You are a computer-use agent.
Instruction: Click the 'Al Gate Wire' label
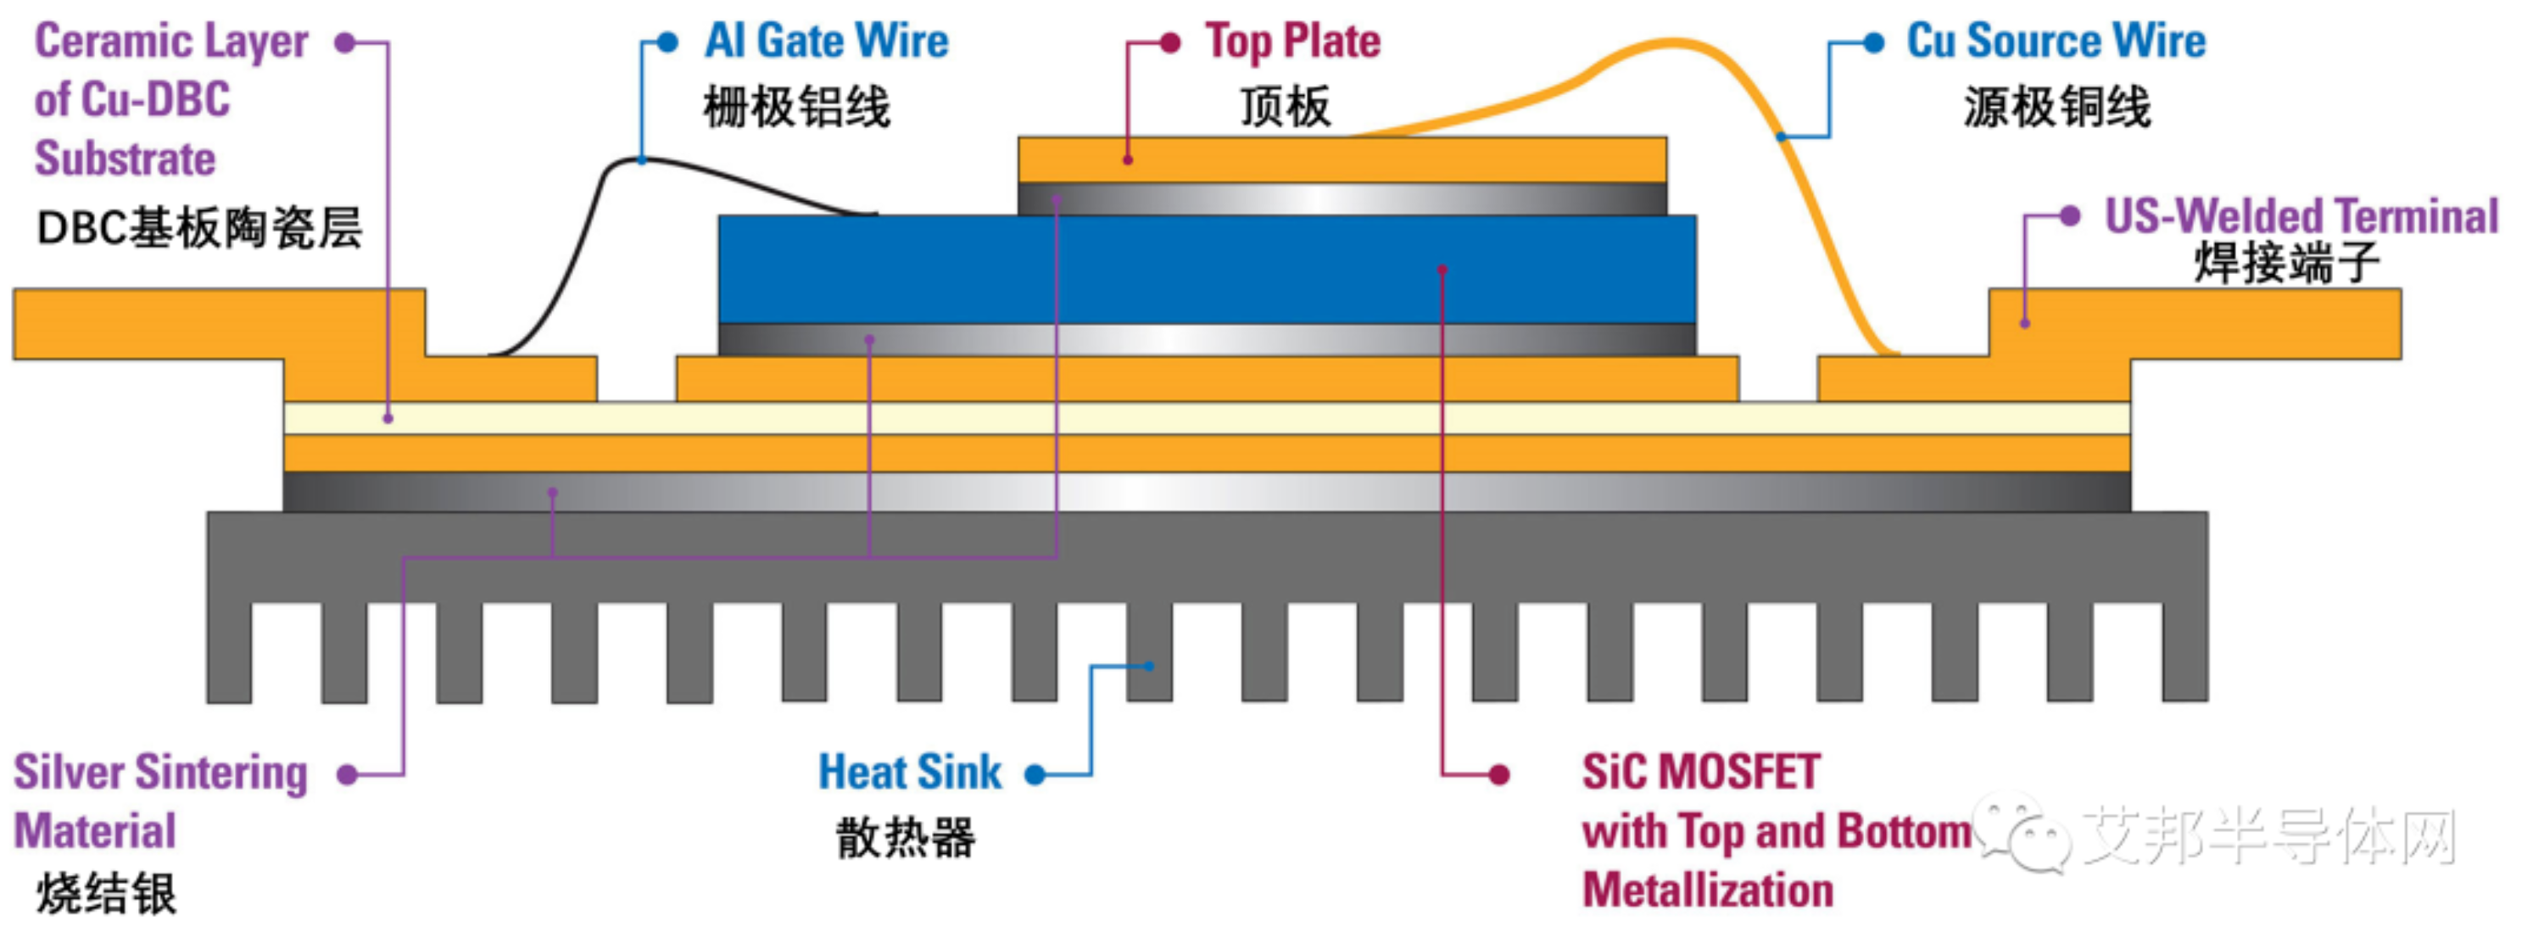pyautogui.click(x=826, y=42)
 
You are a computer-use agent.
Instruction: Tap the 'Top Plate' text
pyautogui.click(x=1292, y=42)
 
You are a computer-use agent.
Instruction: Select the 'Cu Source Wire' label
pyautogui.click(x=2056, y=42)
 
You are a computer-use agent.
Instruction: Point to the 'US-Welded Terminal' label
pyautogui.click(x=2301, y=216)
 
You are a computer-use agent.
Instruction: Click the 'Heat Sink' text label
pyautogui.click(x=910, y=773)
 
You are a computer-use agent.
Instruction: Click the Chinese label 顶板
pyautogui.click(x=1285, y=107)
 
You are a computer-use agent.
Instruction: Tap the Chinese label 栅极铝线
pyautogui.click(x=796, y=107)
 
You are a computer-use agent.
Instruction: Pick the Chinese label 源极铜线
pyautogui.click(x=2056, y=107)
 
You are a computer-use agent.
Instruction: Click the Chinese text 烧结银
pyautogui.click(x=107, y=895)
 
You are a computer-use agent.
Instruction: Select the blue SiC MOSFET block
pyautogui.click(x=1207, y=269)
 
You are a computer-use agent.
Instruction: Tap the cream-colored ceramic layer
pyautogui.click(x=1207, y=418)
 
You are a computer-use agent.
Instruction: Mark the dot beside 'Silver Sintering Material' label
pyautogui.click(x=347, y=774)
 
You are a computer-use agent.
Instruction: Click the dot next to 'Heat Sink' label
pyautogui.click(x=1034, y=774)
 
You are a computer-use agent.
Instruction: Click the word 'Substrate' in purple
pyautogui.click(x=125, y=159)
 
